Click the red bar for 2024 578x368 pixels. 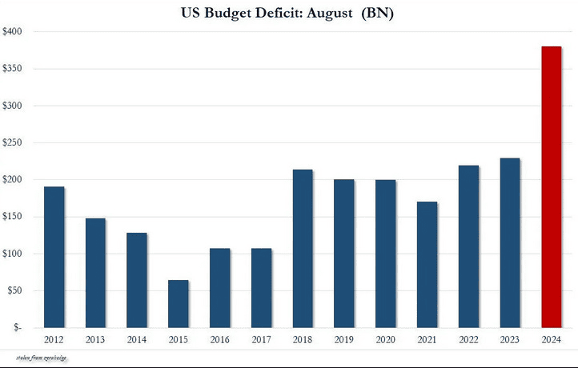551,187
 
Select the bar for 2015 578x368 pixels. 179,304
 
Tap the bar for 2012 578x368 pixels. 54,257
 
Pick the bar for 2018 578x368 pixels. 303,248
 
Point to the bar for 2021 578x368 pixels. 427,265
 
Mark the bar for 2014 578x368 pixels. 137,280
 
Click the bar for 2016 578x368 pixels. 220,288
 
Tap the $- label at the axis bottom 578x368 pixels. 17,328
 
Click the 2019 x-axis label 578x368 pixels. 344,341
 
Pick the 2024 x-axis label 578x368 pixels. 551,341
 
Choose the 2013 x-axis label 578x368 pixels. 96,341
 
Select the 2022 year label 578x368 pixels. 468,341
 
